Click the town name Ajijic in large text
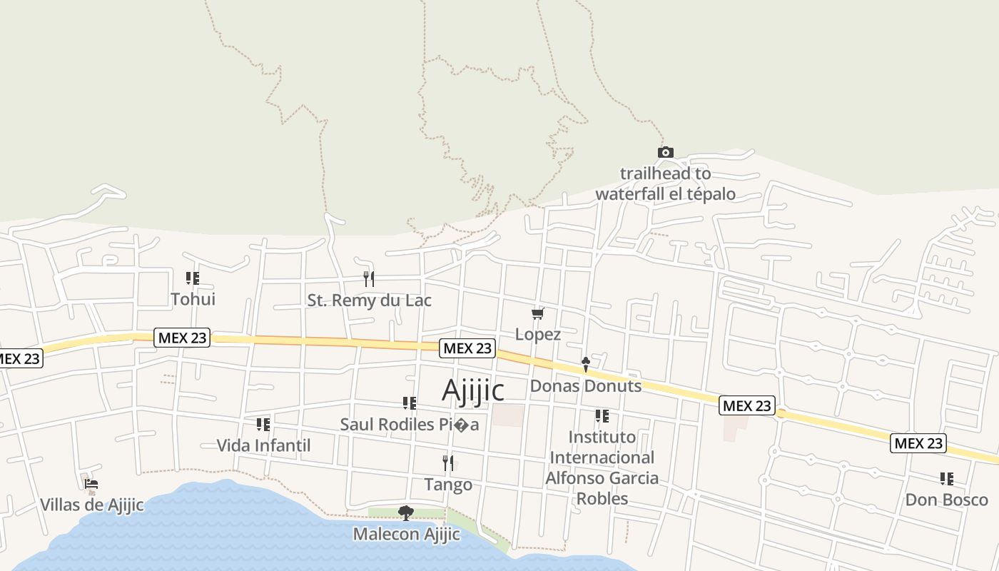(x=473, y=390)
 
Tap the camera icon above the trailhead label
(x=665, y=152)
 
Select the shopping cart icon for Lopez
(x=538, y=313)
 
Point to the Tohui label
(x=193, y=299)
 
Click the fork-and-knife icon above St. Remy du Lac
(x=369, y=278)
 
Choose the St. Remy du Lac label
(x=369, y=300)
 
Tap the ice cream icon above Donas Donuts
(x=586, y=365)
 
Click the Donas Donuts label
(x=586, y=386)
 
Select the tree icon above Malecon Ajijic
(x=406, y=512)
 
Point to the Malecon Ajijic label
(x=406, y=534)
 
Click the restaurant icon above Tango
(x=448, y=463)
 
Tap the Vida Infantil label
(x=263, y=446)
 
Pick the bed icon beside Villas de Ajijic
(x=91, y=484)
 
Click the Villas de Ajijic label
(x=91, y=505)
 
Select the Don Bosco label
(x=946, y=500)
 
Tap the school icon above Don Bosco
(x=946, y=478)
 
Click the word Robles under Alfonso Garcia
(x=602, y=498)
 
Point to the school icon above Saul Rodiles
(x=409, y=403)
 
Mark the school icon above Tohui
(x=193, y=278)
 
